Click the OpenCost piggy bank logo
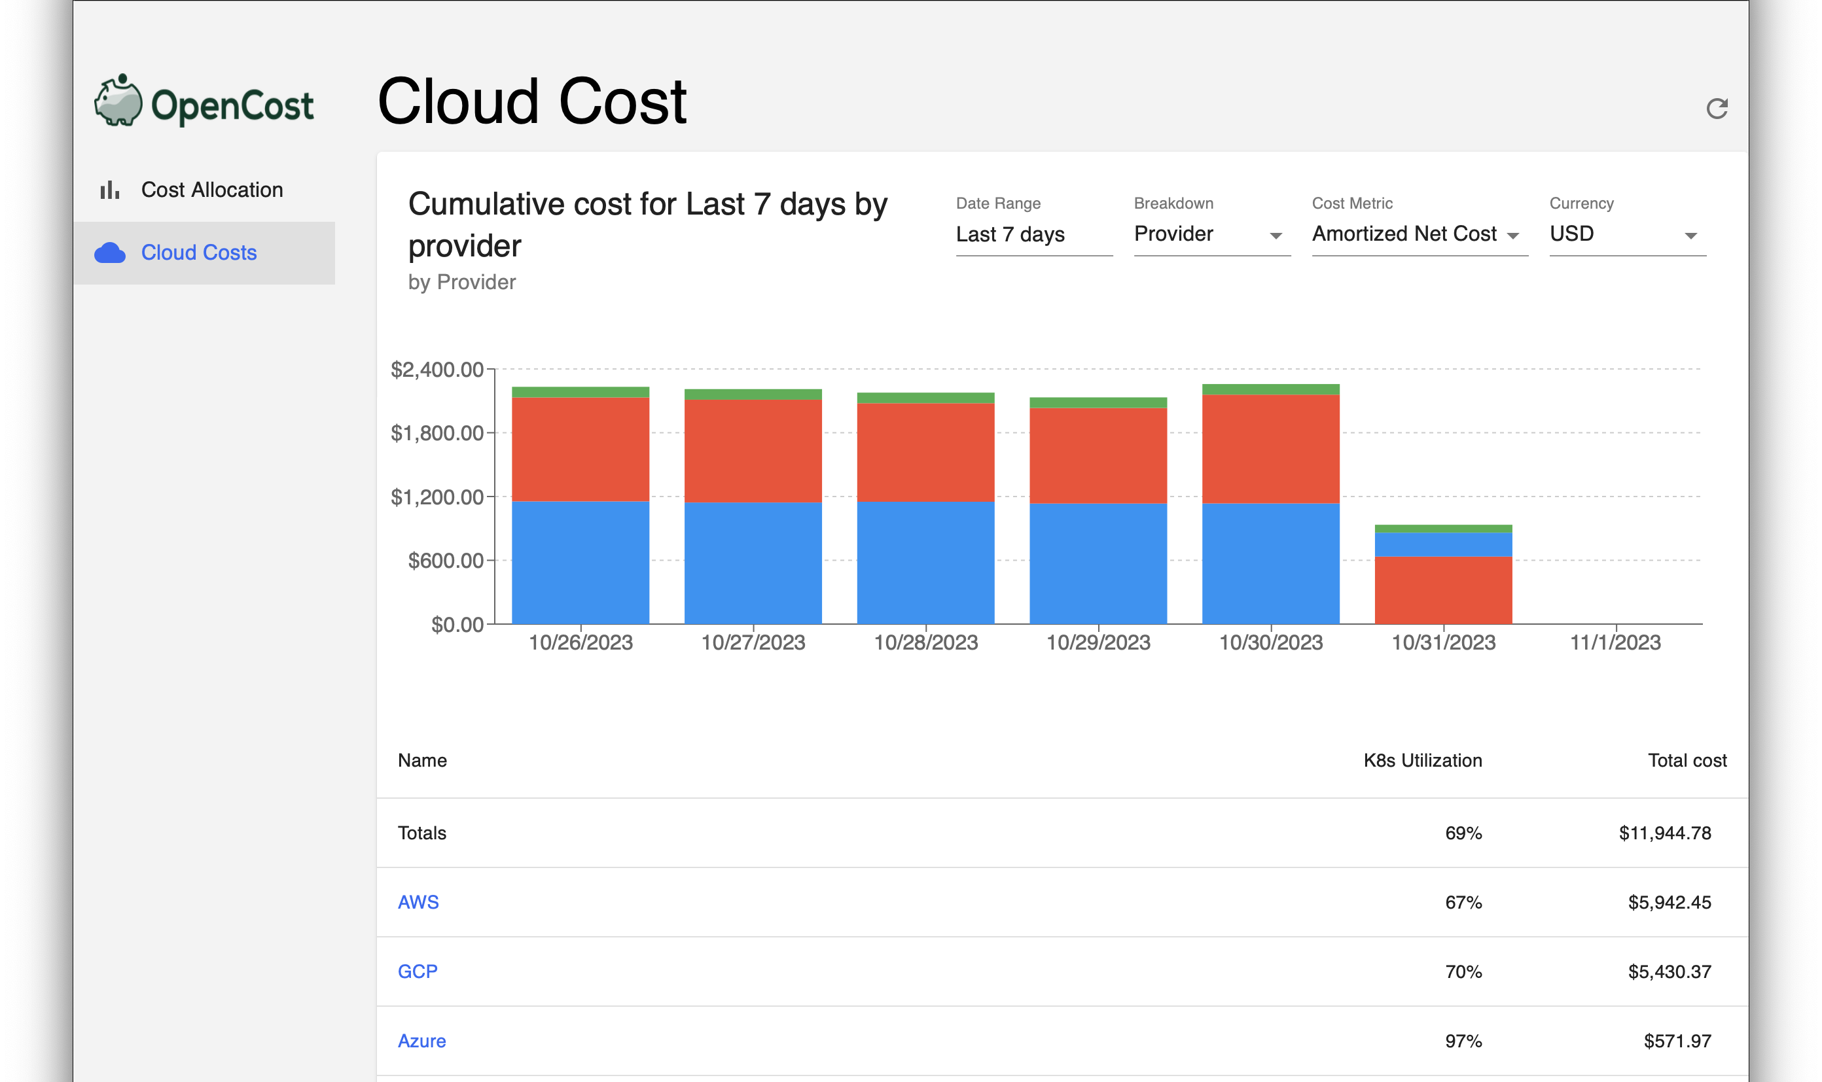(x=119, y=101)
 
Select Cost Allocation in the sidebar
(x=211, y=190)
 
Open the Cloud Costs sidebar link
(x=198, y=253)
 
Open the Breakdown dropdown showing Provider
(x=1211, y=234)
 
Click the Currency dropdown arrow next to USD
(x=1690, y=236)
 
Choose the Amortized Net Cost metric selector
(x=1418, y=234)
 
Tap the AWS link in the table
(x=418, y=902)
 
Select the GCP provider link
(x=417, y=971)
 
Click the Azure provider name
(x=421, y=1040)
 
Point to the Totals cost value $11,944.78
(x=1664, y=833)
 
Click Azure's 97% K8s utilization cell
(x=1463, y=1040)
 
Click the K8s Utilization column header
(x=1422, y=760)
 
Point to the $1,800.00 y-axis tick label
(x=437, y=433)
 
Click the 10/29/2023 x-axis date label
(x=1098, y=642)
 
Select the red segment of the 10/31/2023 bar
(x=1442, y=590)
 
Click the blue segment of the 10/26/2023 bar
(x=581, y=562)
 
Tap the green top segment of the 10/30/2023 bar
(x=1270, y=389)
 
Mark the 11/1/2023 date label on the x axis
(x=1615, y=642)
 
